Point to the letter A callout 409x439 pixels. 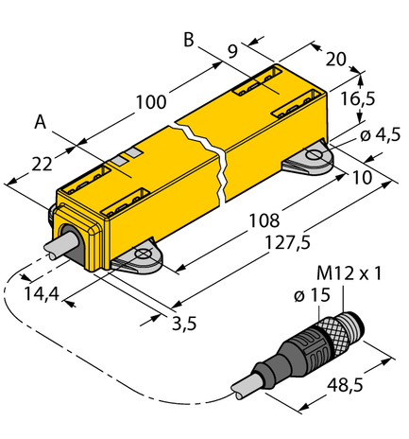click(x=40, y=122)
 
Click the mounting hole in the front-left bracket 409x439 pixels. click(x=143, y=253)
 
